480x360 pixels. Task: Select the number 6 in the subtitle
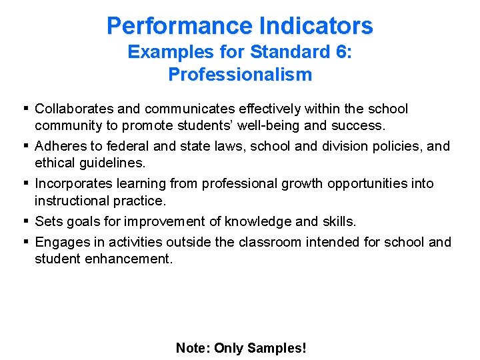(x=343, y=52)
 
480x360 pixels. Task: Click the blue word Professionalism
(x=240, y=74)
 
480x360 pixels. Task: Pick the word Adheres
(x=61, y=146)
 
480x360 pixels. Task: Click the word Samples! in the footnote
(x=277, y=348)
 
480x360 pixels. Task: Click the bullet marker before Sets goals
(x=25, y=221)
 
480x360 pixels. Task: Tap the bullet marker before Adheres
(x=25, y=146)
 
